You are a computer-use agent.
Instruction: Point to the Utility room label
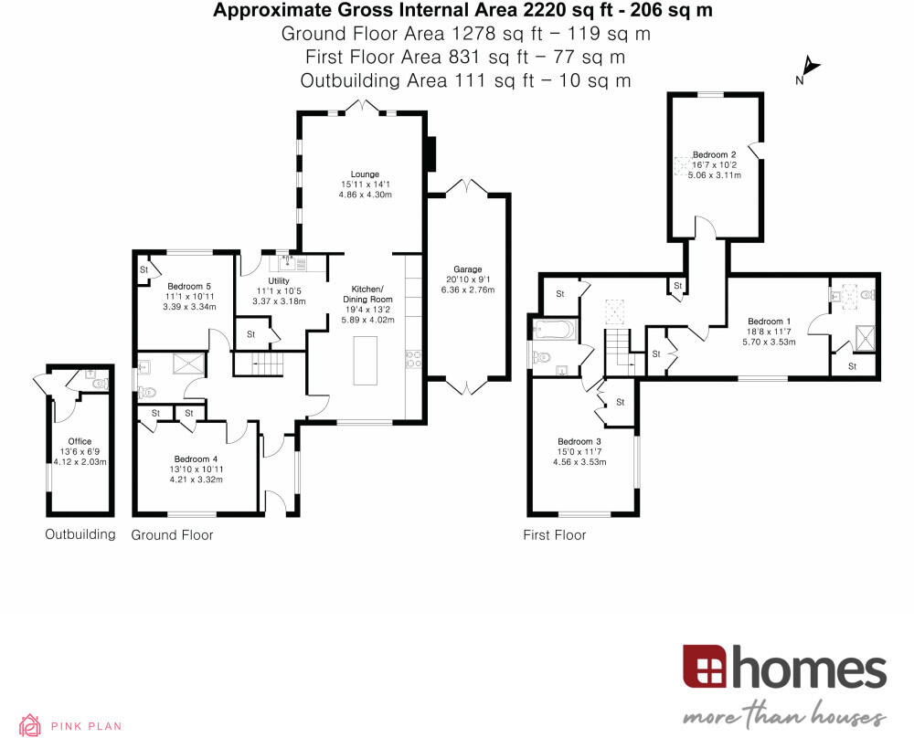(x=279, y=281)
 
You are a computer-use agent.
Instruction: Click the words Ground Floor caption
(x=172, y=534)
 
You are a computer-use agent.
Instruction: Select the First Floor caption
(x=554, y=534)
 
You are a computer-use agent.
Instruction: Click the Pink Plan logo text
(x=86, y=726)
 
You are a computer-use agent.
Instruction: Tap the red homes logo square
(x=704, y=667)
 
